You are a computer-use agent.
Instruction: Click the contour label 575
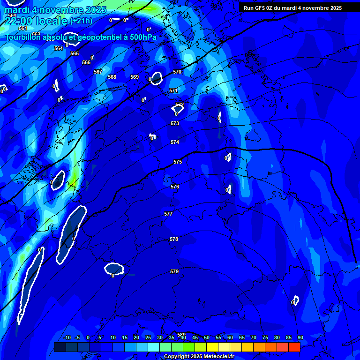click(178, 162)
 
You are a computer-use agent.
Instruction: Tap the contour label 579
click(174, 271)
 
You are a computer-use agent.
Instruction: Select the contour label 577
click(168, 214)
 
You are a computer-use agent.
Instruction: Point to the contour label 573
click(175, 123)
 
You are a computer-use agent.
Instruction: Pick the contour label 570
click(177, 72)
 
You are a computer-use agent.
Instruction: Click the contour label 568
click(112, 77)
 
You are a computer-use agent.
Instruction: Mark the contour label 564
click(59, 48)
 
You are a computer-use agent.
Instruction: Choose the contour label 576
click(175, 187)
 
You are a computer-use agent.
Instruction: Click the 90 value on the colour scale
click(300, 337)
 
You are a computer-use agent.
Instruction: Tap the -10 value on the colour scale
click(67, 337)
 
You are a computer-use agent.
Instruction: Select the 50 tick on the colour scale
click(207, 337)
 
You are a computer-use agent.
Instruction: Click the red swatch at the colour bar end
click(294, 347)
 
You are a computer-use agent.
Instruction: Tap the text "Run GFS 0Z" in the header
click(259, 8)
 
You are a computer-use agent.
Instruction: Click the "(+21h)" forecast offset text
click(81, 21)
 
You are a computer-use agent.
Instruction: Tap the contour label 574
click(175, 142)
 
